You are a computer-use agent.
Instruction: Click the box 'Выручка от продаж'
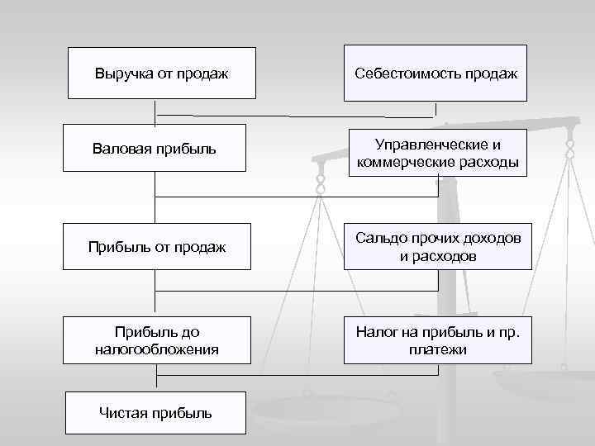pos(161,74)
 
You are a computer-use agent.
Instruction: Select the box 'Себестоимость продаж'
pos(436,74)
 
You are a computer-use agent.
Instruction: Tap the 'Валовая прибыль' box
pos(155,149)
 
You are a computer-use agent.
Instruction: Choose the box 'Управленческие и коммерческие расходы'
pos(438,152)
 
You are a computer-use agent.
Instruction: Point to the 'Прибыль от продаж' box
pos(156,247)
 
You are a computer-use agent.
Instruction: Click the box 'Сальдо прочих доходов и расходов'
pos(438,247)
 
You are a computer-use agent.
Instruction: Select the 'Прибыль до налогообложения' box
pos(156,340)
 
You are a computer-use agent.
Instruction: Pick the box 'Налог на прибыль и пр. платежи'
pos(438,340)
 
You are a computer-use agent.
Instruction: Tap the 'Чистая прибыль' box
pos(155,412)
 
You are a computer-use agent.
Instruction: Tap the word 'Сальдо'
pos(378,239)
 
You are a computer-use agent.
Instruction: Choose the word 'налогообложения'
pos(156,349)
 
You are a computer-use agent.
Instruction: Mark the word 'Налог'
pos(375,332)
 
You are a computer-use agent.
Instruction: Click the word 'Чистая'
pos(124,412)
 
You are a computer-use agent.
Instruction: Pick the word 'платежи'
pos(438,349)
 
